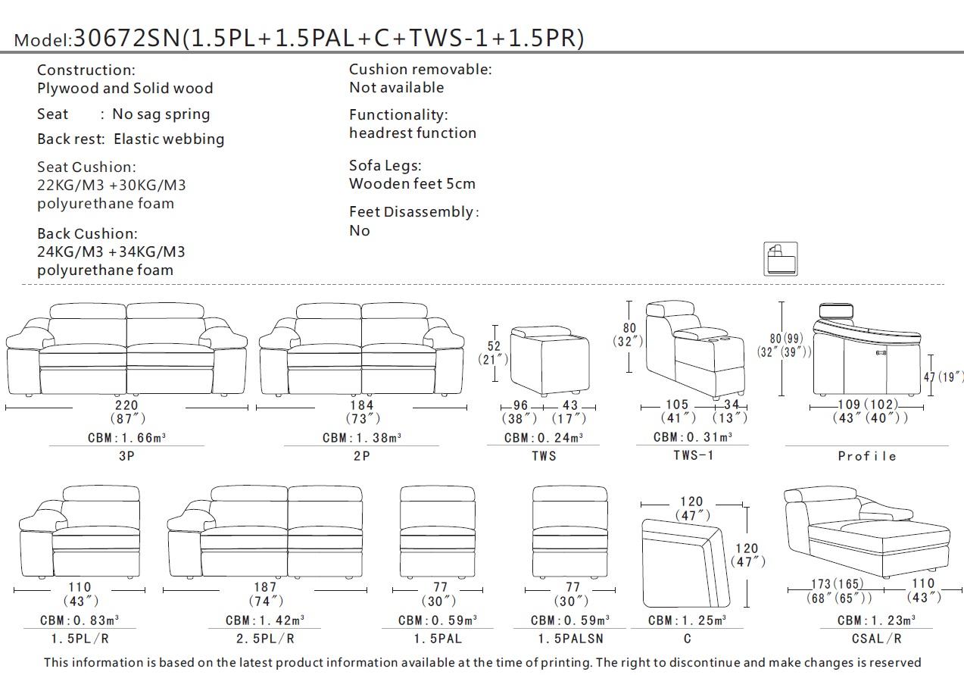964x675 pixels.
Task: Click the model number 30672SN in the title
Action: [x=127, y=39]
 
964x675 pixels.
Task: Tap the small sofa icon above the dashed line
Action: [x=780, y=259]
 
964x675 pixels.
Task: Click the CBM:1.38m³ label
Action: [x=361, y=438]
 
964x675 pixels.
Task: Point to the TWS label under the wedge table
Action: [x=544, y=455]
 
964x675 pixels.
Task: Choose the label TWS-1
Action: [x=693, y=455]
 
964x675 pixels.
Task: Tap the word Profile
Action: [x=867, y=455]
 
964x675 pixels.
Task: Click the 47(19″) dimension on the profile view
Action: [x=943, y=377]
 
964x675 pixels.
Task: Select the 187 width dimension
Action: [x=264, y=587]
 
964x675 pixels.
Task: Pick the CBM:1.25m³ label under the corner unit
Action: [x=687, y=620]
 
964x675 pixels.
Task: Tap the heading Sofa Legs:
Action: [x=385, y=165]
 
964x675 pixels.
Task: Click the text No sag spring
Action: [x=161, y=114]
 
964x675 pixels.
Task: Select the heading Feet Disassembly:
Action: [x=413, y=212]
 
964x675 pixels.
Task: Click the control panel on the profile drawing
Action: [x=881, y=352]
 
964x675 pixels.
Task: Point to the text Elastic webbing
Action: [x=169, y=139]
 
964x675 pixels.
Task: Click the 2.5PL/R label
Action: [x=264, y=639]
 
